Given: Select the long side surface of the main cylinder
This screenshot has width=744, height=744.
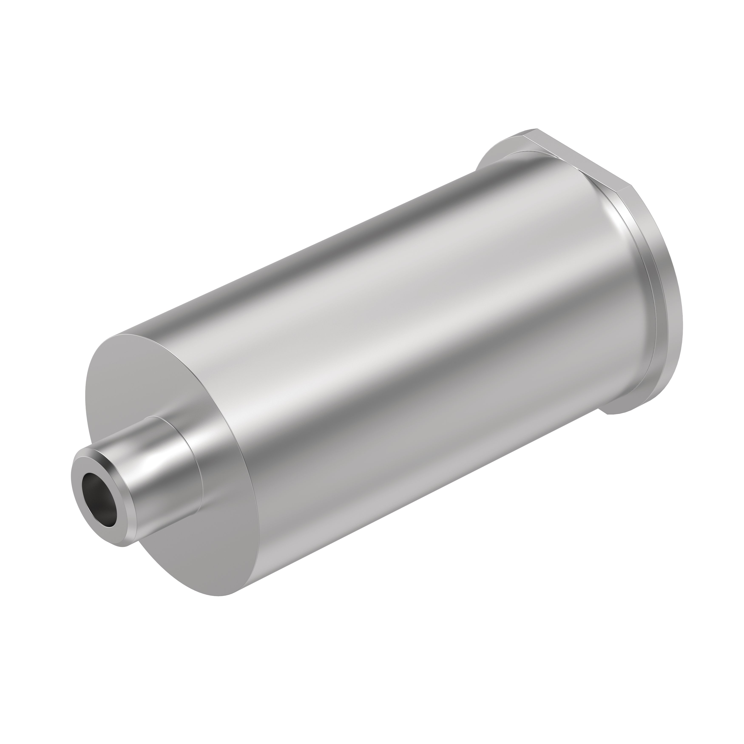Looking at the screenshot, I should click(385, 346).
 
